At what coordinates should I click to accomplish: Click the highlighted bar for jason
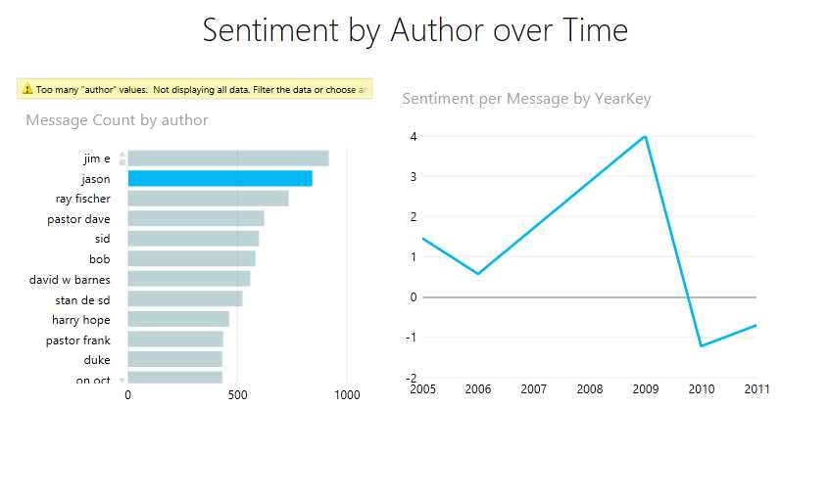tap(219, 178)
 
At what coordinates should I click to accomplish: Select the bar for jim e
tap(227, 158)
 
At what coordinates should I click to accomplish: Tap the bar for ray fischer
tap(208, 199)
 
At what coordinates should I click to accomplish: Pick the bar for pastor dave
tap(196, 219)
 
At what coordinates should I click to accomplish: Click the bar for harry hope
tap(178, 320)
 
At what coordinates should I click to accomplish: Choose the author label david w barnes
tap(70, 280)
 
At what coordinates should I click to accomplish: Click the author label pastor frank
tap(77, 340)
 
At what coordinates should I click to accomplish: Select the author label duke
tap(96, 360)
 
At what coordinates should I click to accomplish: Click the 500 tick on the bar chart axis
tap(236, 394)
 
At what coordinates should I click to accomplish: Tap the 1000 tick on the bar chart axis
tap(346, 394)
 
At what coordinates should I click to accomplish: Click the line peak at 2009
tap(644, 136)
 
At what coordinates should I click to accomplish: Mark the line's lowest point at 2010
tap(701, 345)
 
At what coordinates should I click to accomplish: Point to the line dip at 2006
tap(477, 274)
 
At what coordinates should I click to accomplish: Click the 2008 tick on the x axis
tap(589, 389)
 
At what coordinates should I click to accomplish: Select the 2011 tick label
tap(756, 389)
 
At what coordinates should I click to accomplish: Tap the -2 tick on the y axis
tap(413, 378)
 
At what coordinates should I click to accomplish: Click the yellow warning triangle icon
tap(27, 89)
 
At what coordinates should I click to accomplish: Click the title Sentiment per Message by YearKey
tap(526, 99)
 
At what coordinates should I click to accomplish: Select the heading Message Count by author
tap(117, 120)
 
